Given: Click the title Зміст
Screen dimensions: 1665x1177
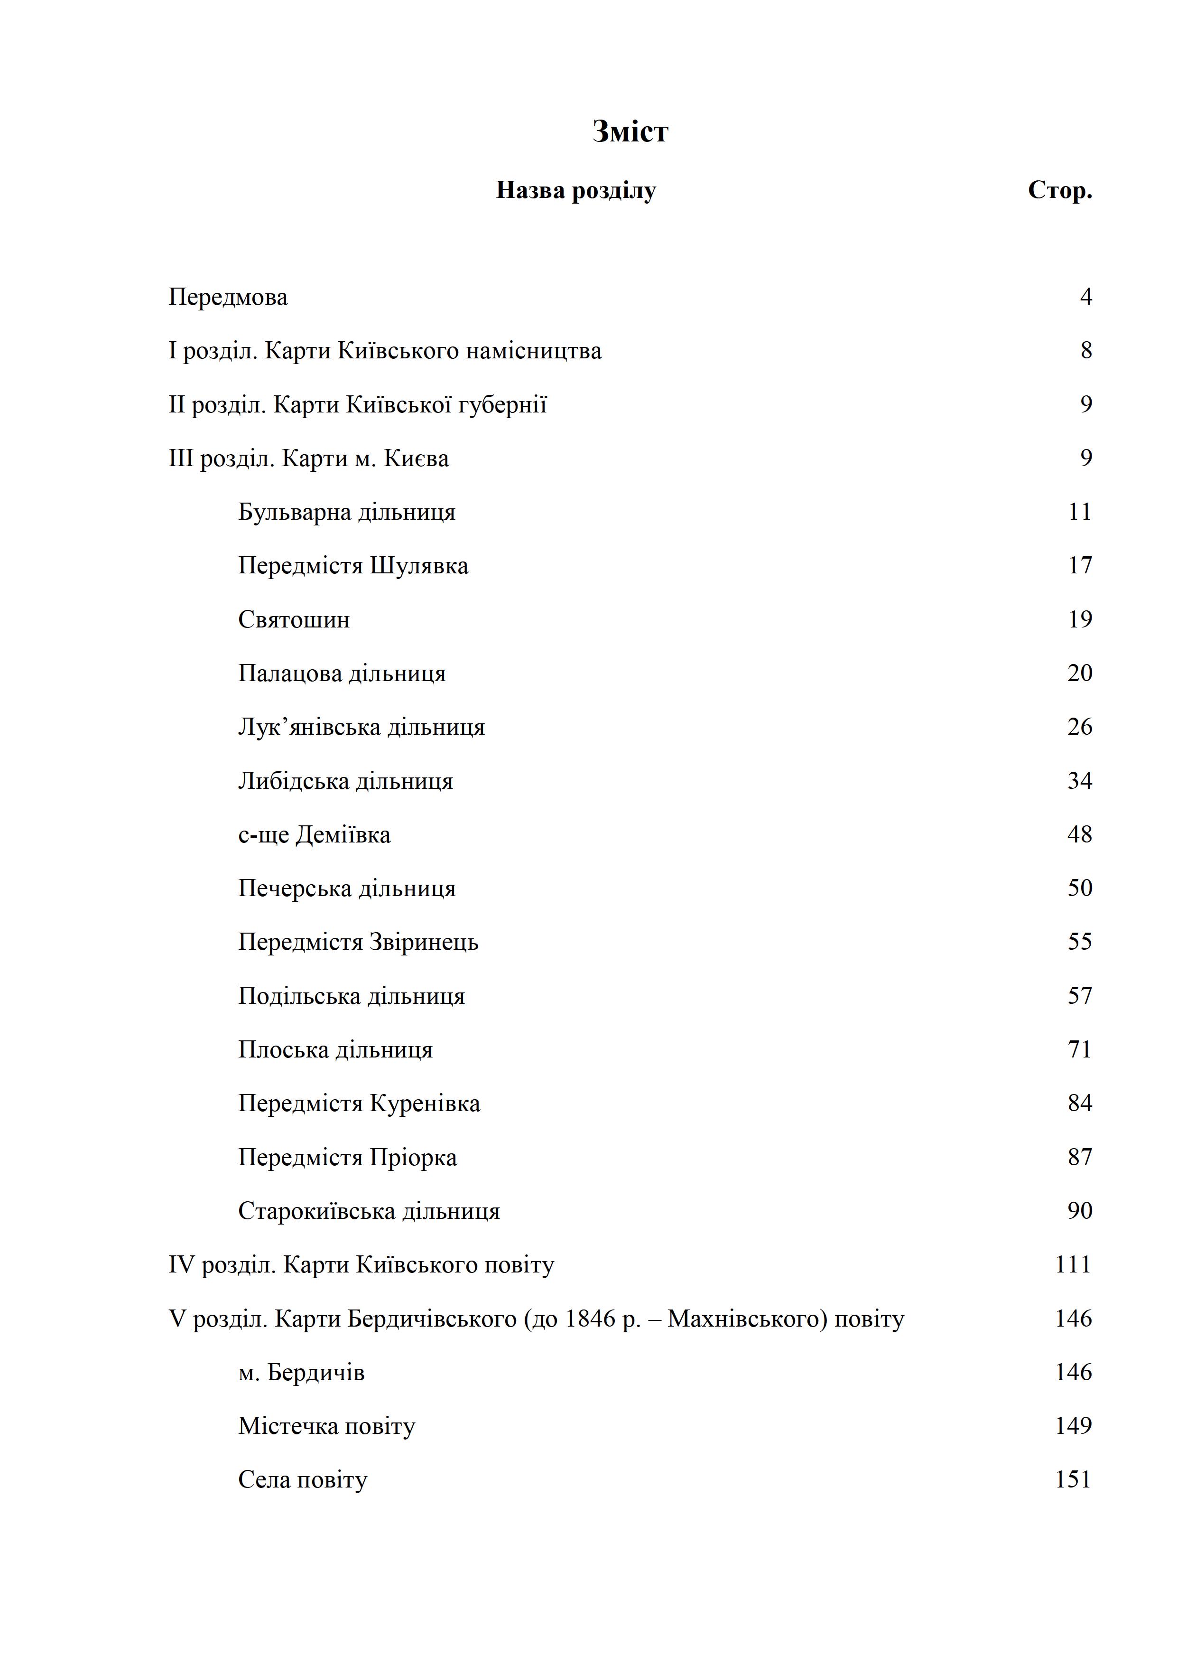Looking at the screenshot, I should point(630,132).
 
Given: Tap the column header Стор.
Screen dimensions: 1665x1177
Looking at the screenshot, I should point(1060,191).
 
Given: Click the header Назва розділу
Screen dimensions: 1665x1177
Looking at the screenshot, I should point(575,191).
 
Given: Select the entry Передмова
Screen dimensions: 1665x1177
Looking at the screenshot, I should point(228,297).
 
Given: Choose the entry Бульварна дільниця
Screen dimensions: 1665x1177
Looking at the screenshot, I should point(346,512).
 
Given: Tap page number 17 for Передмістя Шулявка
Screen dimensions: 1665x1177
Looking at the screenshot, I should point(1080,566).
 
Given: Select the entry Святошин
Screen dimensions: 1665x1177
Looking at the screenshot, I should point(294,620).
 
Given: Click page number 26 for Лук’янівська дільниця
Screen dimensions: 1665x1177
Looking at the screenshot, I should point(1080,727).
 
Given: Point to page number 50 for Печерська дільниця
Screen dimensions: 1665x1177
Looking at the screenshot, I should point(1080,889).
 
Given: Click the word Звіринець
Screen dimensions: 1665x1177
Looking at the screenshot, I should point(424,942).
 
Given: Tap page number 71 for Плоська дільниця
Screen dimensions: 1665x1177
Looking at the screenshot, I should point(1080,1049).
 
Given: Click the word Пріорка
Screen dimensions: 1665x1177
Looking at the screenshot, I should point(413,1157).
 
